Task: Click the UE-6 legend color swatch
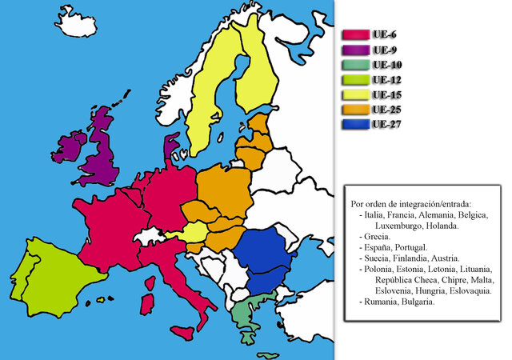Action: [354, 34]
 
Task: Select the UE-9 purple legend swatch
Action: [354, 50]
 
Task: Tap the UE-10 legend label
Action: [388, 65]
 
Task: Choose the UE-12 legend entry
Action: [388, 80]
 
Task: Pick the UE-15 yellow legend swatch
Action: [354, 95]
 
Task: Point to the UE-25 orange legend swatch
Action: [354, 110]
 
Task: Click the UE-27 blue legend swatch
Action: [354, 125]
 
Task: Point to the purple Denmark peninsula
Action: [171, 148]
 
